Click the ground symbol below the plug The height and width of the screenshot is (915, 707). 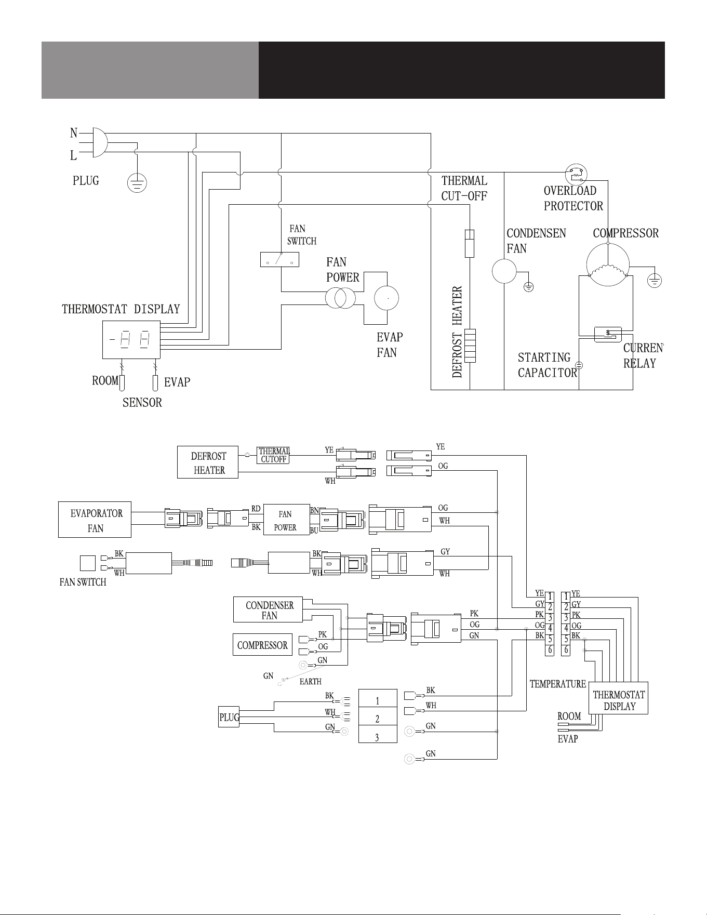[x=137, y=183]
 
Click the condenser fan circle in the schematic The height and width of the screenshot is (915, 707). [x=504, y=271]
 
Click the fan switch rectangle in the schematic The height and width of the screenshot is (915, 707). [x=279, y=259]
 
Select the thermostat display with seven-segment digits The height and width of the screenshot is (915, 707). [x=131, y=339]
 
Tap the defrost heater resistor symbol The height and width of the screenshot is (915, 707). [x=470, y=346]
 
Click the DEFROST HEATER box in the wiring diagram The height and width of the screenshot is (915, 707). [x=208, y=462]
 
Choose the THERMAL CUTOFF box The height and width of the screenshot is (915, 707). [x=273, y=455]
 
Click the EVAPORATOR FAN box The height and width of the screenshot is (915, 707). [x=95, y=520]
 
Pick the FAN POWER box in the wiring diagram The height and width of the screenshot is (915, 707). [x=286, y=520]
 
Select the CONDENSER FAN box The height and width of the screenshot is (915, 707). [x=268, y=609]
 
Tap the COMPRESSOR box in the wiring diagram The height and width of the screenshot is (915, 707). [x=262, y=645]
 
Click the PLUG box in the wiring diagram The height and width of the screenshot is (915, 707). [x=229, y=717]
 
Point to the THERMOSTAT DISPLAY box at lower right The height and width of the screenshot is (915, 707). [x=618, y=698]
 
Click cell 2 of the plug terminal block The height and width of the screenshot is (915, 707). [x=378, y=719]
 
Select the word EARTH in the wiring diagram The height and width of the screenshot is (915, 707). [x=311, y=681]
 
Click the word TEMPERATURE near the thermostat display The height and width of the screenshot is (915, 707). [x=558, y=684]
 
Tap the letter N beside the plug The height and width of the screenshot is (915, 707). [x=74, y=133]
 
